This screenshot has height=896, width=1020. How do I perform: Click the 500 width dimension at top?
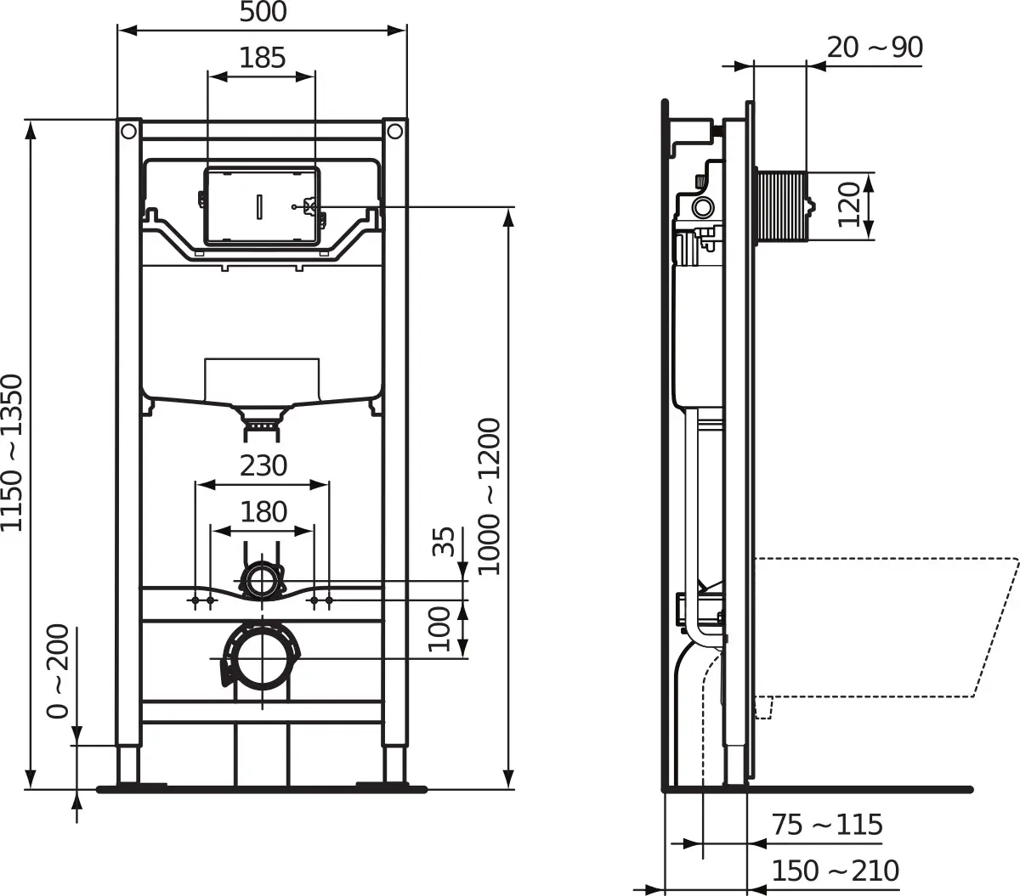[263, 12]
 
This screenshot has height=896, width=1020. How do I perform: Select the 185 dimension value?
[263, 58]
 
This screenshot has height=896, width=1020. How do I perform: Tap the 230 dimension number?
[263, 465]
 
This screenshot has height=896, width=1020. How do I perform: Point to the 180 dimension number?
[263, 512]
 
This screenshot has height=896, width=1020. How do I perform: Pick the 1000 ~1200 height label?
[489, 496]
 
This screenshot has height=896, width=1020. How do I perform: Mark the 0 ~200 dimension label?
[58, 671]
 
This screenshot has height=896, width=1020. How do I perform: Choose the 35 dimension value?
[444, 541]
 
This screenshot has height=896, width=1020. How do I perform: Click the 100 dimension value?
[439, 628]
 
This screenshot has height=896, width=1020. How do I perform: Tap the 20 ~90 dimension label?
[875, 48]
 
